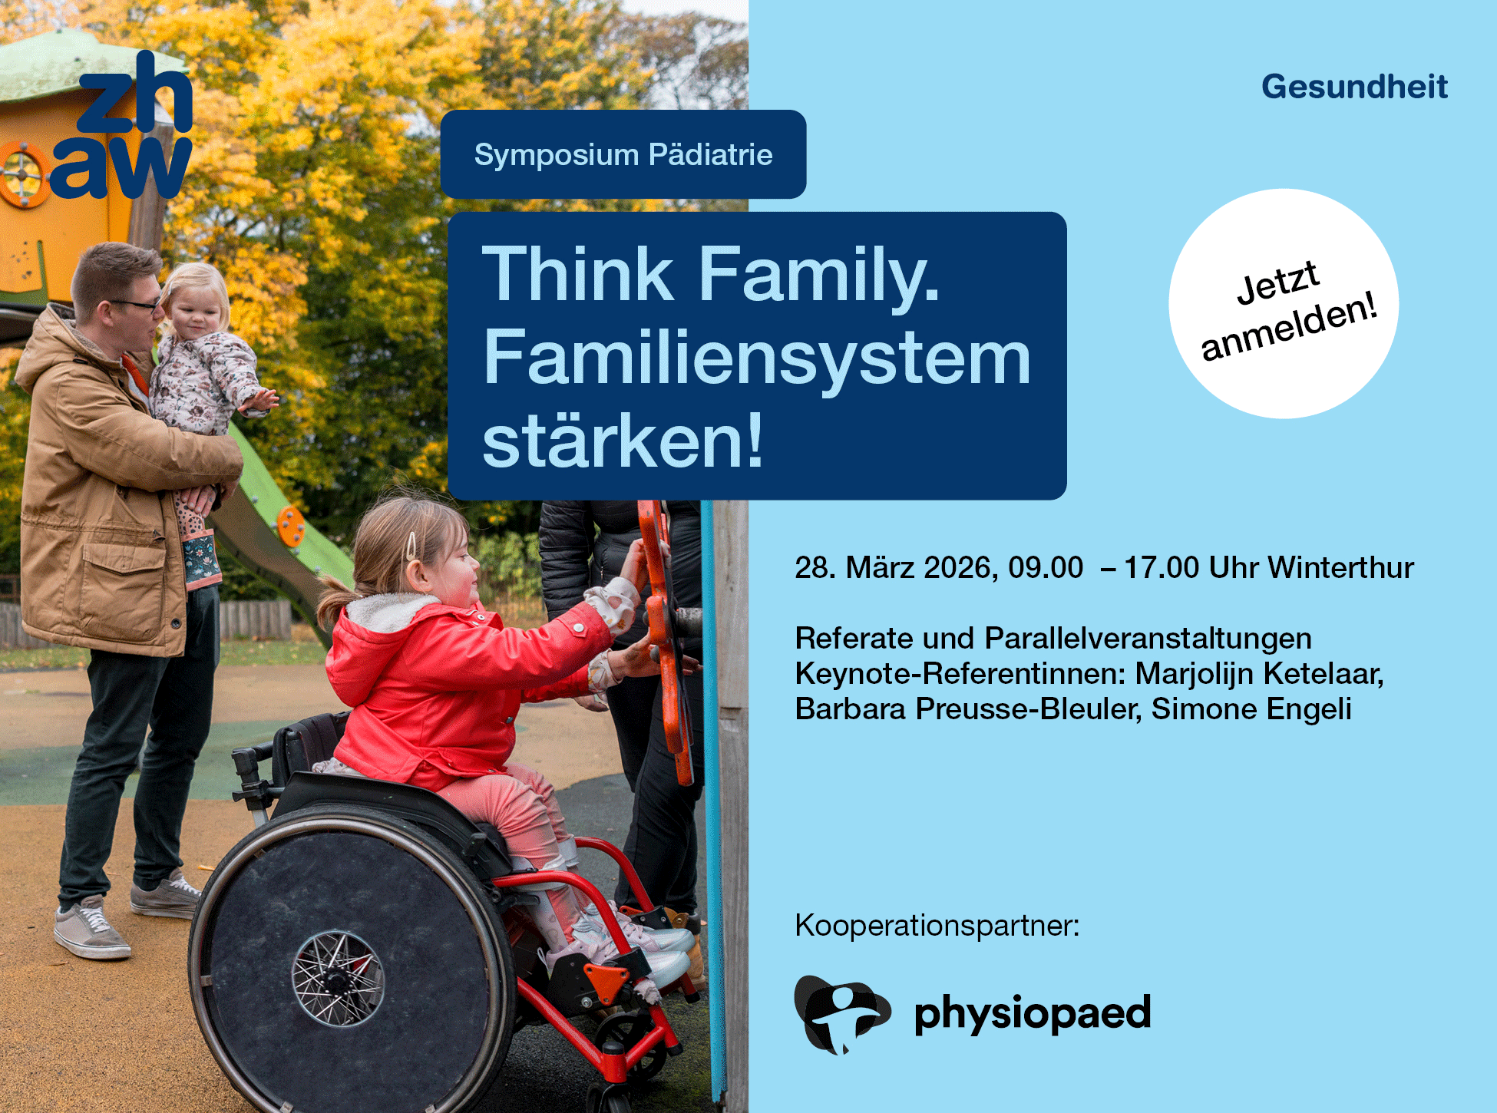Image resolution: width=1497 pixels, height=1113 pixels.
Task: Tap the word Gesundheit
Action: [1354, 87]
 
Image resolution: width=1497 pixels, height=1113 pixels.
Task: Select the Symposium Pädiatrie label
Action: [623, 154]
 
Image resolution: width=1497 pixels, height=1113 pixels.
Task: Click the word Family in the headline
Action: [819, 274]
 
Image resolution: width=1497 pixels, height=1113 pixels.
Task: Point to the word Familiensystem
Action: [756, 357]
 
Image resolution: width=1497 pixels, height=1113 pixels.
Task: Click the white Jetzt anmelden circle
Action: [1284, 304]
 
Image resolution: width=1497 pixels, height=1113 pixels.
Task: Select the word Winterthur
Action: [1340, 568]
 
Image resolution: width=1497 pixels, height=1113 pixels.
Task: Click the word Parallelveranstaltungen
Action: [1148, 639]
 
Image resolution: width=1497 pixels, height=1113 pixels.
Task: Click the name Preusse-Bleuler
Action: [1028, 709]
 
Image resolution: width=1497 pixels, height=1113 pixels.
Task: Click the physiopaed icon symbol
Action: [841, 1014]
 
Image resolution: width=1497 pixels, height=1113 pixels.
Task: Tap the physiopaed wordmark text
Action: [1033, 1014]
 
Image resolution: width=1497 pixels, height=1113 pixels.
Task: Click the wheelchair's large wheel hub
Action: [336, 978]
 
